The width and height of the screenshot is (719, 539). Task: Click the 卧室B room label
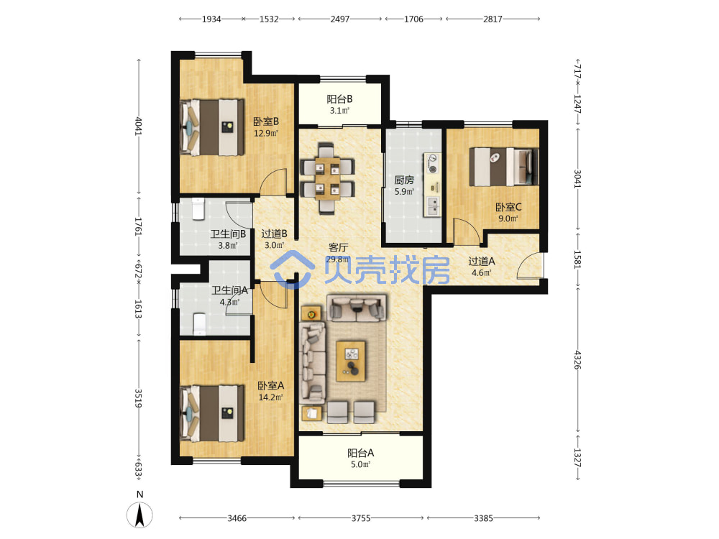pyautogui.click(x=266, y=121)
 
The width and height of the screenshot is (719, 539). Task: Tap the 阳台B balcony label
pyautogui.click(x=340, y=99)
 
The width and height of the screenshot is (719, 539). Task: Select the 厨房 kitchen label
pyautogui.click(x=404, y=180)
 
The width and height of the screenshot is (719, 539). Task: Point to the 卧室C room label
pyautogui.click(x=508, y=207)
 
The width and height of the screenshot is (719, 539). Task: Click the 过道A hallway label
pyautogui.click(x=482, y=262)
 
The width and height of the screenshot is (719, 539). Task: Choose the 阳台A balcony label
pyautogui.click(x=360, y=453)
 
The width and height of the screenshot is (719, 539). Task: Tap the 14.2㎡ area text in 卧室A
pyautogui.click(x=270, y=397)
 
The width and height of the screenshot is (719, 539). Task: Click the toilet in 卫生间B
pyautogui.click(x=198, y=208)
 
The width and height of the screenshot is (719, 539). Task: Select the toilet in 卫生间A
pyautogui.click(x=199, y=323)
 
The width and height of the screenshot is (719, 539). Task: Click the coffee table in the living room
pyautogui.click(x=351, y=361)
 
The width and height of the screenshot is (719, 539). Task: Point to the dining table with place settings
pyautogui.click(x=328, y=179)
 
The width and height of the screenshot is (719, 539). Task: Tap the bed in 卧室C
pyautogui.click(x=503, y=167)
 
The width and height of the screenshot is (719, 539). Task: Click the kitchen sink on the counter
pyautogui.click(x=433, y=206)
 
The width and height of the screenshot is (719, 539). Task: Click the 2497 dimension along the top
pyautogui.click(x=340, y=19)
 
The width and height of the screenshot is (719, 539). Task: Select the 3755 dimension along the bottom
pyautogui.click(x=361, y=518)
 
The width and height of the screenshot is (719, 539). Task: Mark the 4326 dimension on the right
pyautogui.click(x=577, y=360)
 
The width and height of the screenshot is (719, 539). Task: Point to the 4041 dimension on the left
pyautogui.click(x=139, y=126)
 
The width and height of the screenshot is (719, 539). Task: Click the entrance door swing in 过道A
pyautogui.click(x=530, y=265)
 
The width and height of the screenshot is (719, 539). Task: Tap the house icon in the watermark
pyautogui.click(x=292, y=269)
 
